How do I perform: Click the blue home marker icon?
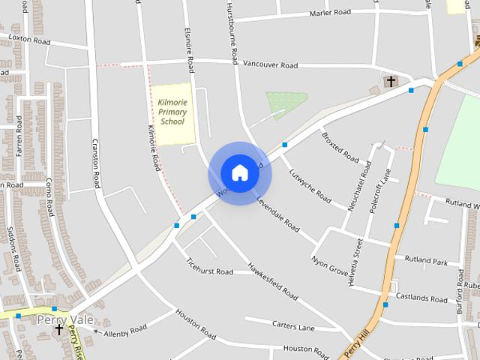click(239, 172)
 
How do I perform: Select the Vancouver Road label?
click(270, 65)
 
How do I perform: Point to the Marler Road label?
click(330, 13)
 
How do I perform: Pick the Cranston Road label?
click(95, 162)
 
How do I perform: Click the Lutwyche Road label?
click(310, 184)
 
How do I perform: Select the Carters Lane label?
click(295, 326)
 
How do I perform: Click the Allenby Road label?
click(125, 331)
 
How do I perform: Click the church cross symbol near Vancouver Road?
click(390, 80)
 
